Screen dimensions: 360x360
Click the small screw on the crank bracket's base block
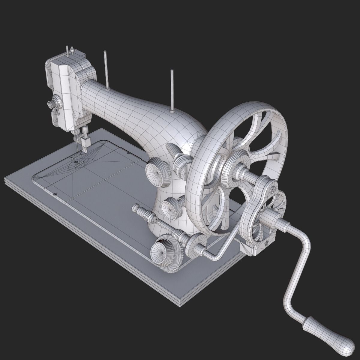tap(267, 243)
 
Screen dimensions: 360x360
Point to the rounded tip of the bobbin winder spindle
tap(135, 207)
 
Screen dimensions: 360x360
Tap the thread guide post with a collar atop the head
tap(72, 51)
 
